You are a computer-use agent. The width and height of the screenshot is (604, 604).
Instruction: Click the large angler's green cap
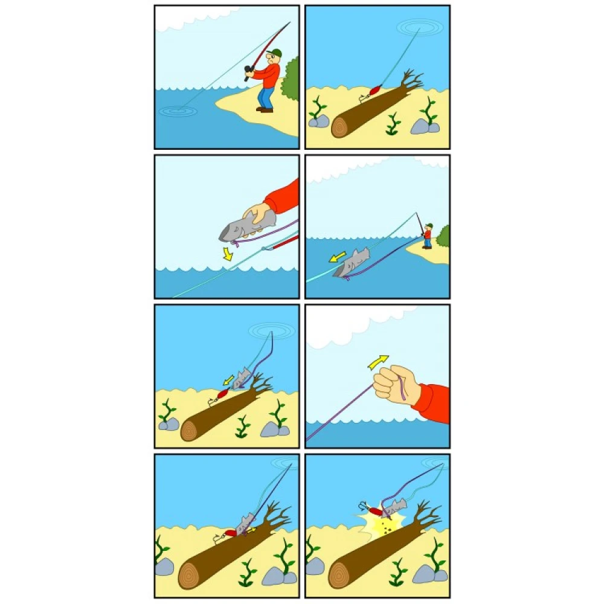pyautogui.click(x=276, y=52)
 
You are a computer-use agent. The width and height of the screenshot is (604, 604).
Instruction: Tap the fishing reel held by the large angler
pyautogui.click(x=248, y=73)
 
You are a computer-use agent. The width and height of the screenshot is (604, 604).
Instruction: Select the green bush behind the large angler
pyautogui.click(x=291, y=79)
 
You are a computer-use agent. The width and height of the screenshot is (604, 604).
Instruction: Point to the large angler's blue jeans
pyautogui.click(x=265, y=97)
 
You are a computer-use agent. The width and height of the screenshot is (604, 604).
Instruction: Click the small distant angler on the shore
pyautogui.click(x=428, y=236)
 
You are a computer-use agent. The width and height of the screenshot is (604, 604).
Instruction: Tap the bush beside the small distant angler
pyautogui.click(x=444, y=236)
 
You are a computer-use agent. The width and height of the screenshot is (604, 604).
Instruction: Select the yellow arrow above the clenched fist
pyautogui.click(x=379, y=361)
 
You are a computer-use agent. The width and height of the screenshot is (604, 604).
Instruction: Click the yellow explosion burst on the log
pyautogui.click(x=377, y=525)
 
